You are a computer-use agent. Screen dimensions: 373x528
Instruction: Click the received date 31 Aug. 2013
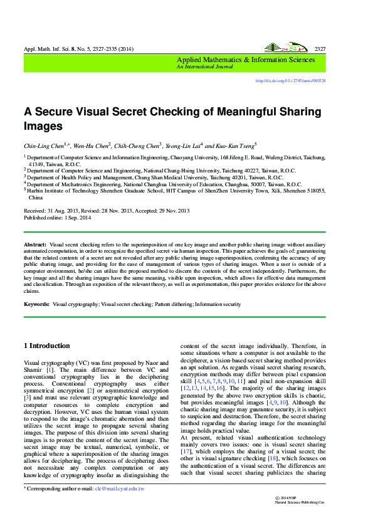click(63, 211)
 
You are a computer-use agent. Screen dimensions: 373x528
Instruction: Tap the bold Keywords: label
click(36, 304)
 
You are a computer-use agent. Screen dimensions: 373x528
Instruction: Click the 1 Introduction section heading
click(46, 346)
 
